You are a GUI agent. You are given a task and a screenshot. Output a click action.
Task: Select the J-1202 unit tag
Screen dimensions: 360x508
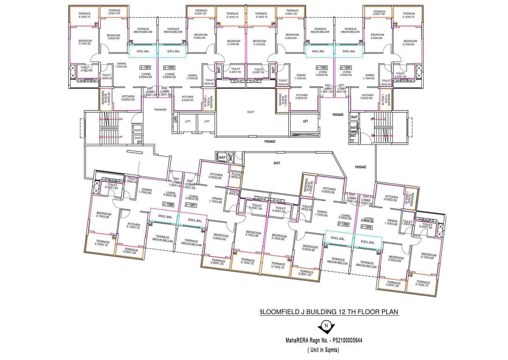click(x=169, y=67)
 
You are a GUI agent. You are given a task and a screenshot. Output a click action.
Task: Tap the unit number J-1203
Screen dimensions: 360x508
click(x=321, y=67)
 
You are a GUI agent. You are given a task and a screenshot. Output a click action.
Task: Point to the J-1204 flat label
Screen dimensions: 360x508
click(x=346, y=67)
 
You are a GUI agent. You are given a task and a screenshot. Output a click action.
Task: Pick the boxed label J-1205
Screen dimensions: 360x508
click(x=366, y=226)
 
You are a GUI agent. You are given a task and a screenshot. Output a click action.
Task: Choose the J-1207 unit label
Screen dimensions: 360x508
click(x=190, y=205)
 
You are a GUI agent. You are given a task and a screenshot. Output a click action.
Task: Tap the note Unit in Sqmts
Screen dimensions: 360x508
click(x=323, y=350)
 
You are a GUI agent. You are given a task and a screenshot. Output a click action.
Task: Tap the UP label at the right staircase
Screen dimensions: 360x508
click(x=373, y=119)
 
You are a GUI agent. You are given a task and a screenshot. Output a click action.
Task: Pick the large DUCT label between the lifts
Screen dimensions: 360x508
click(x=252, y=112)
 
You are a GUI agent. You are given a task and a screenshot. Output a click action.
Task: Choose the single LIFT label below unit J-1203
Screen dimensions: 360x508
click(x=305, y=121)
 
